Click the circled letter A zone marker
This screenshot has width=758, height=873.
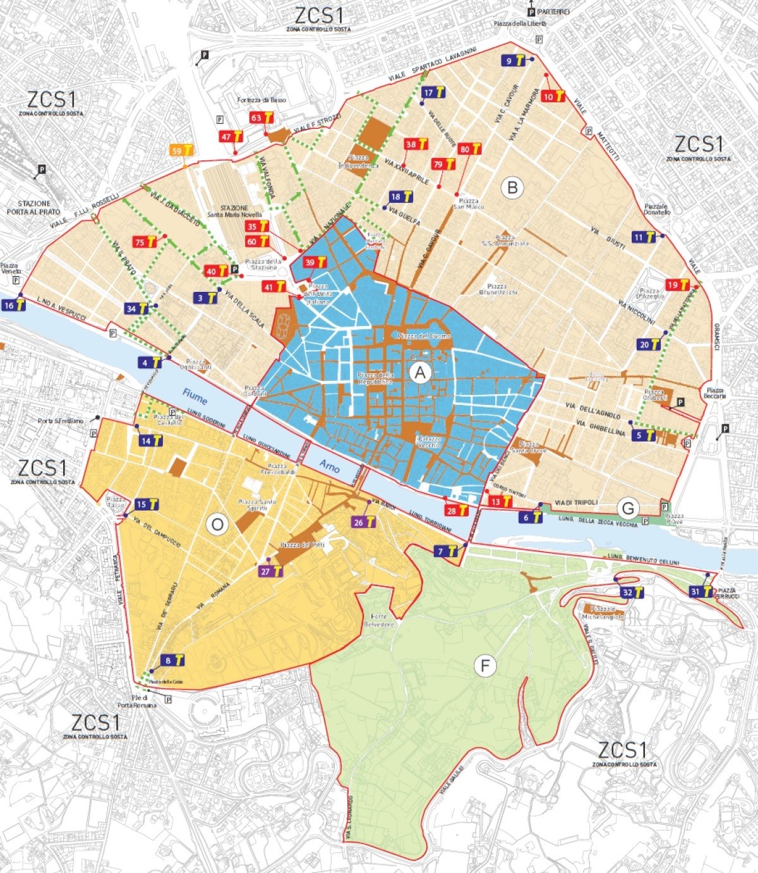pos(420,373)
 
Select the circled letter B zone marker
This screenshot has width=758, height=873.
pos(512,188)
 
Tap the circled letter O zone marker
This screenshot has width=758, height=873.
pos(217,524)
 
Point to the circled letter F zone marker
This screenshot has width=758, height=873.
pos(485,666)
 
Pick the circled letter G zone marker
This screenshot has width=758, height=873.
pos(628,508)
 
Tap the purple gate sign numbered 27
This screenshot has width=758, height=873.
pos(271,571)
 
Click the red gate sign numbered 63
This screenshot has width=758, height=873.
pos(262,117)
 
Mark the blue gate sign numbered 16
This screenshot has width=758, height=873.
pos(14,305)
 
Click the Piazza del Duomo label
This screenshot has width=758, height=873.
pos(424,336)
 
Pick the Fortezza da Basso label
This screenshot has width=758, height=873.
pos(262,100)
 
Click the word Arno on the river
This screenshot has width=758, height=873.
pos(330,466)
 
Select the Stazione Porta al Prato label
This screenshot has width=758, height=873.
pos(34,207)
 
